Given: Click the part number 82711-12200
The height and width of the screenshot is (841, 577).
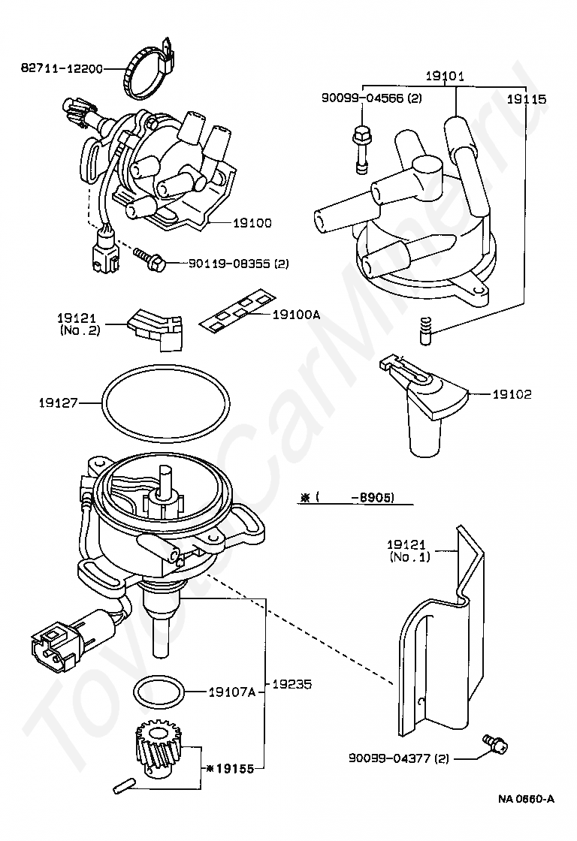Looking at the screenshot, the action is tap(62, 68).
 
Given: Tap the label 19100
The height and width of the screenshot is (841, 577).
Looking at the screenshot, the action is tap(252, 222).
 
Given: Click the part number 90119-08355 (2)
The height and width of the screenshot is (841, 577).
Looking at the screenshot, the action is tap(238, 264).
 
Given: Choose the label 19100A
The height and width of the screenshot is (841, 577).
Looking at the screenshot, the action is tap(296, 315).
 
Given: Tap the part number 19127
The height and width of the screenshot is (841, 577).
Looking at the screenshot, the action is tap(59, 402).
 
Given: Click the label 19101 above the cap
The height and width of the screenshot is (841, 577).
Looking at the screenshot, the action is tap(445, 76).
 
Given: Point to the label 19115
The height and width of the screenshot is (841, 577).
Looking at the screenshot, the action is tap(527, 99).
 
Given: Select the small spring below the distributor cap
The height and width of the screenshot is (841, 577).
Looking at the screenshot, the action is tap(425, 331).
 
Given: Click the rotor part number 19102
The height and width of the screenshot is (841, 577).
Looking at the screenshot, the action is tap(512, 394).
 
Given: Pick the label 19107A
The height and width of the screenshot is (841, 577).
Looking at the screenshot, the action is tap(232, 692).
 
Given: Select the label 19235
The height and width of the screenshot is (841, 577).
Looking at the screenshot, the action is tap(292, 684).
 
